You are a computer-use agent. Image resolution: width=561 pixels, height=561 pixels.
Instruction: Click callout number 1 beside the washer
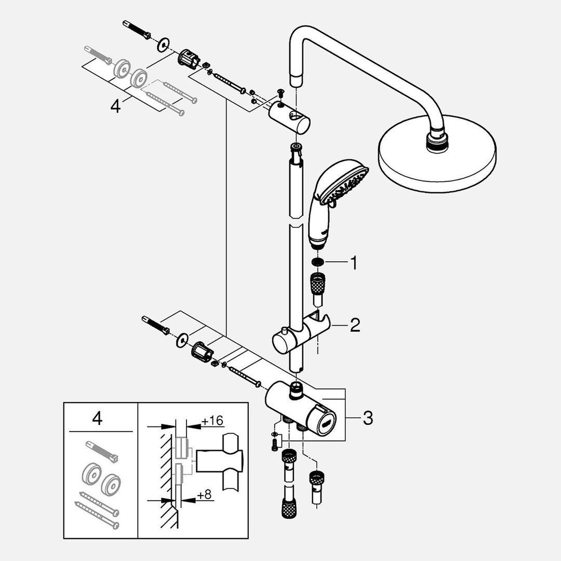(353, 263)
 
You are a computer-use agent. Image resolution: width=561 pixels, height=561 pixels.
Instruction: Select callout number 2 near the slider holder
(355, 326)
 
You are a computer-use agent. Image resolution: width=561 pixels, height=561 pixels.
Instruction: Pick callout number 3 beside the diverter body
(368, 418)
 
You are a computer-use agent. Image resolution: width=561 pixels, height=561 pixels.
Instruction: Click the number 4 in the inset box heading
(97, 419)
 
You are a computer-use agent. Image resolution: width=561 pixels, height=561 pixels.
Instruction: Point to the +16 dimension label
(213, 421)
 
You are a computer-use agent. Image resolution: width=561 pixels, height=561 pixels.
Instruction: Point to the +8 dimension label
(206, 494)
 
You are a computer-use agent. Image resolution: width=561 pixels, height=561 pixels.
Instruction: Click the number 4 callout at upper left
(115, 106)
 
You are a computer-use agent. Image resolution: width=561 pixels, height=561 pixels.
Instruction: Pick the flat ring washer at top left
(164, 44)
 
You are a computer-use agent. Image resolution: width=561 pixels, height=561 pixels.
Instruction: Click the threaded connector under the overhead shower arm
(437, 141)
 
